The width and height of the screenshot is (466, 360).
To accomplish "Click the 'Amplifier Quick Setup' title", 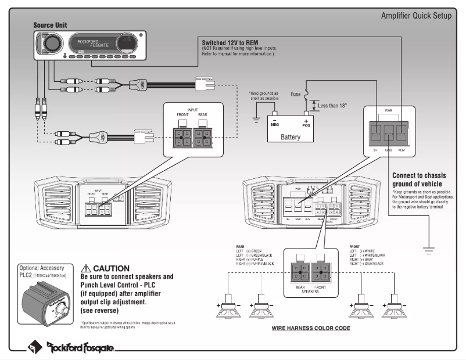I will click(x=415, y=15).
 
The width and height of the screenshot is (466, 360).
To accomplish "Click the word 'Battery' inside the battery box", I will click(x=291, y=137).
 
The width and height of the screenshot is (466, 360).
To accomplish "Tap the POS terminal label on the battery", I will click(x=306, y=124).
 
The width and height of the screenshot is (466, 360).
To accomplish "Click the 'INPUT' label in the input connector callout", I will click(x=193, y=109).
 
